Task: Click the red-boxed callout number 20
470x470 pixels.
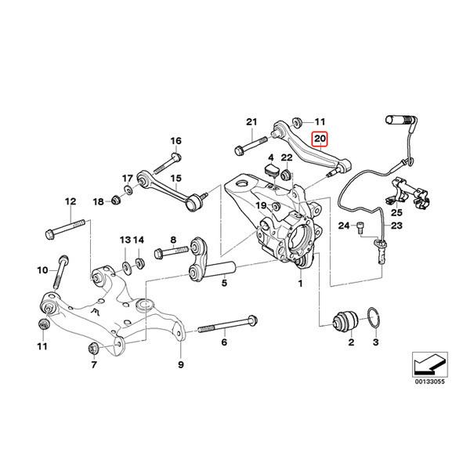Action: [x=320, y=140]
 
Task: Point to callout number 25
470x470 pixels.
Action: [x=396, y=213]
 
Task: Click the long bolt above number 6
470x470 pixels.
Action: [x=227, y=324]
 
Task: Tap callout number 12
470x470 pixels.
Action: [x=70, y=200]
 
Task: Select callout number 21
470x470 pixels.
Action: [x=251, y=121]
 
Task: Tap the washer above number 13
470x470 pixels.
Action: [x=125, y=258]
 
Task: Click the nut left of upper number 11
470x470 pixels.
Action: [x=298, y=121]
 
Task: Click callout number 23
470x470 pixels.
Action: [x=396, y=226]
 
